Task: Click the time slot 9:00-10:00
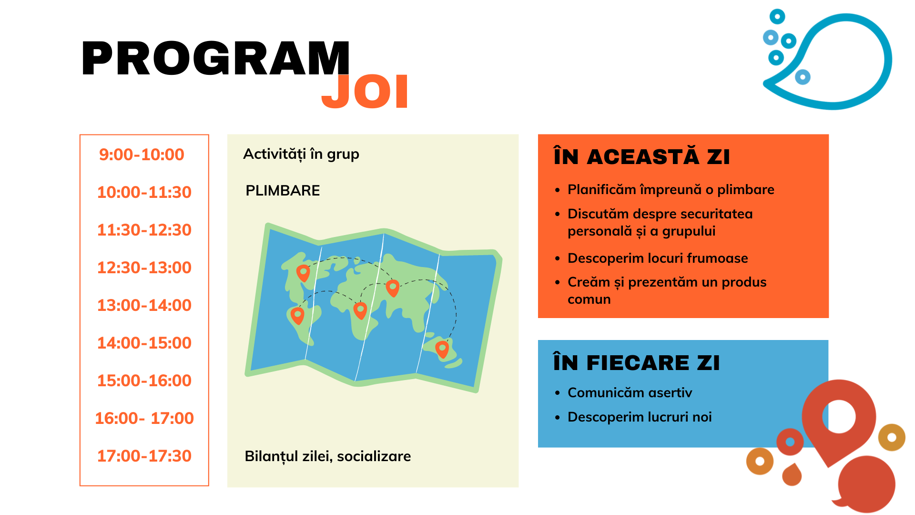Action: [142, 154]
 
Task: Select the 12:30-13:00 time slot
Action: [144, 268]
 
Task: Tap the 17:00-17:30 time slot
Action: [144, 456]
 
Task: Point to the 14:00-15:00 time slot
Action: [144, 343]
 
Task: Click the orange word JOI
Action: [365, 92]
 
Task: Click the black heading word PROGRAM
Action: [216, 58]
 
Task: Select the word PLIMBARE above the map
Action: [283, 191]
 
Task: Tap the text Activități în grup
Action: [301, 154]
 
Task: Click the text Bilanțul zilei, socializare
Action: [328, 456]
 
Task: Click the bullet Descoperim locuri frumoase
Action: [658, 258]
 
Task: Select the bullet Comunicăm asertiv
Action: [630, 393]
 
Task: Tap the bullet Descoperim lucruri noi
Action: [640, 417]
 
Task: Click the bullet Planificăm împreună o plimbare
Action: [671, 190]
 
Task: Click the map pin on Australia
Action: [442, 349]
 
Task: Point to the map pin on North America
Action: [303, 273]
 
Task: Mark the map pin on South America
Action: [297, 315]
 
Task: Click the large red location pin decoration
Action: [839, 420]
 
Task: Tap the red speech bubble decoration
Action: [866, 484]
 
